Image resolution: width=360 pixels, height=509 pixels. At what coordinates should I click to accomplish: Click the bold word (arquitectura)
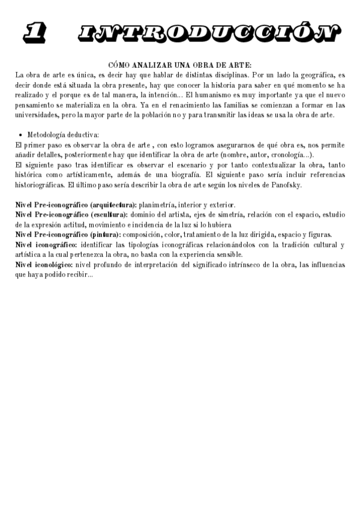113,205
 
